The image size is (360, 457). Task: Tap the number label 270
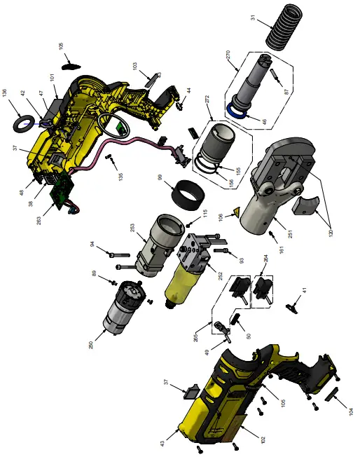pyautogui.click(x=228, y=57)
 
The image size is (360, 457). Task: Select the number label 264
pyautogui.click(x=265, y=259)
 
